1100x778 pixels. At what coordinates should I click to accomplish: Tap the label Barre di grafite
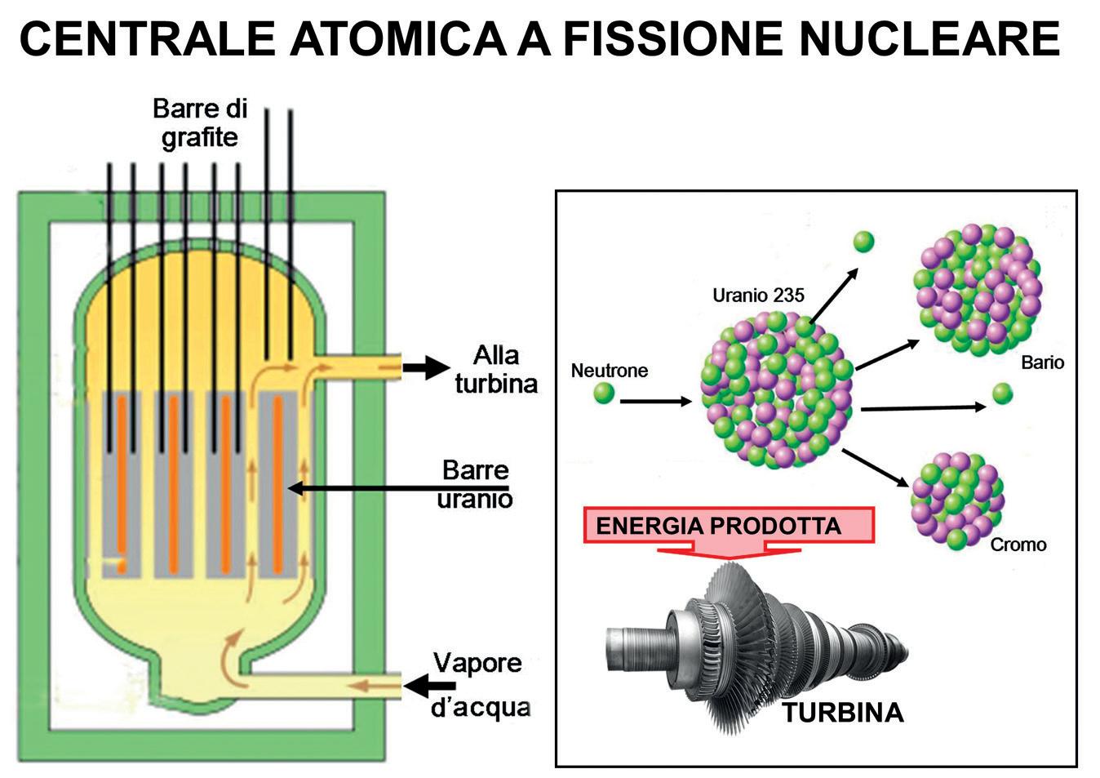click(200, 122)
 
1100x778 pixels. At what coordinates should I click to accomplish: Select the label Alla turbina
click(496, 369)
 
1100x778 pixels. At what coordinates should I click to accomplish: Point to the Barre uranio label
click(474, 483)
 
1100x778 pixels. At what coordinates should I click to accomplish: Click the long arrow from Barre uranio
click(367, 488)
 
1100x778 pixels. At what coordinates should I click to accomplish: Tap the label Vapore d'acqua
click(479, 684)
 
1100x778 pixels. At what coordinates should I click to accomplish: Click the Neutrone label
click(609, 371)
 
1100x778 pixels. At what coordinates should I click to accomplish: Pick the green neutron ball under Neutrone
click(604, 393)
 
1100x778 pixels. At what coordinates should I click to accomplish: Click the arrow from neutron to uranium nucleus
click(655, 401)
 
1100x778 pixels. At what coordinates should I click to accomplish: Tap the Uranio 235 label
click(758, 295)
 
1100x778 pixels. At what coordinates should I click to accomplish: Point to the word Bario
click(1042, 362)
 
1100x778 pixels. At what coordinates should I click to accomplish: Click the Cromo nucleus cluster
click(956, 499)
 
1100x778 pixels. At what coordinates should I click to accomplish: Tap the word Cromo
click(1018, 545)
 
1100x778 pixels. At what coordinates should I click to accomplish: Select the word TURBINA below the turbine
click(843, 713)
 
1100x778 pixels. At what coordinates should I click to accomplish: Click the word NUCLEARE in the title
click(929, 38)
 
